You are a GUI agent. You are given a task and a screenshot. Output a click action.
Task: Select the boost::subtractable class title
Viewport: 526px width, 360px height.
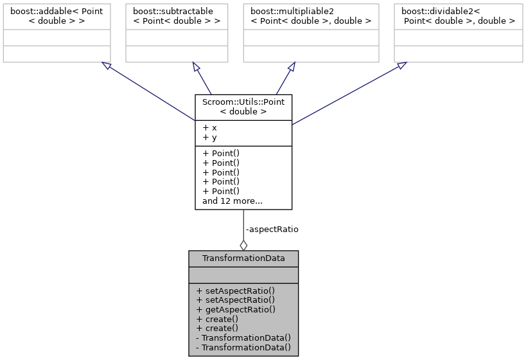[x=177, y=15]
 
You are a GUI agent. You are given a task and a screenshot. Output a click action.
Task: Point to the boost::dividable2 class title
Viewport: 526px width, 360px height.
[x=458, y=15]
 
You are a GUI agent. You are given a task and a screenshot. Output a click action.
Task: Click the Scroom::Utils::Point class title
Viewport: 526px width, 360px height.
[x=243, y=106]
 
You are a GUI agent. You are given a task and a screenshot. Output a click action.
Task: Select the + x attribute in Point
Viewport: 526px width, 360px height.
[x=209, y=127]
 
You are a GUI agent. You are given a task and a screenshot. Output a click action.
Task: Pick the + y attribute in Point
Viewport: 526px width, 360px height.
[x=209, y=137]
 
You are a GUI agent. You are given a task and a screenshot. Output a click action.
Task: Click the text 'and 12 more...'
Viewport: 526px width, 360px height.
[x=232, y=201]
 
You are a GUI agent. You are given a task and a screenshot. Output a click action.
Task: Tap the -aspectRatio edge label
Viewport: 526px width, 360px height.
[x=272, y=229]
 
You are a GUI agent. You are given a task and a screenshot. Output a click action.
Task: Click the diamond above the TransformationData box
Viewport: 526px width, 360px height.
[x=243, y=245]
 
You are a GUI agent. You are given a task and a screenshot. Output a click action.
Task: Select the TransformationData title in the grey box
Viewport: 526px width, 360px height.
[x=243, y=258]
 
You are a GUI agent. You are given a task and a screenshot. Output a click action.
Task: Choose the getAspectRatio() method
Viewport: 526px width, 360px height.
[x=236, y=309]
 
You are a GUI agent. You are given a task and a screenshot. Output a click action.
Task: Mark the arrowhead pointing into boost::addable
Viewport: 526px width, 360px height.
[x=106, y=66]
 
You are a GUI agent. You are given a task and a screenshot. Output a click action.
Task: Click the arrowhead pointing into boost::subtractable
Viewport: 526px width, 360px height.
[x=197, y=67]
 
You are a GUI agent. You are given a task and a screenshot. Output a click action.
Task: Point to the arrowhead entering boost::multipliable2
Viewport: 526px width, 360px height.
[x=291, y=67]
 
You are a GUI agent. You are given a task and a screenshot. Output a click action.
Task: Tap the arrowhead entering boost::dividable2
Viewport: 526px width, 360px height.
[x=401, y=65]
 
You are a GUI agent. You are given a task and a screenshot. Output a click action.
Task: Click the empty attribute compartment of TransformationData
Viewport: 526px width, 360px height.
[x=243, y=275]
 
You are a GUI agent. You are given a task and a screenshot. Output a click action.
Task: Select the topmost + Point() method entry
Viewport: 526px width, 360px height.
[x=220, y=153]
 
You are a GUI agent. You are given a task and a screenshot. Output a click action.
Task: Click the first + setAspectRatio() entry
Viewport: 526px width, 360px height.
[x=236, y=290]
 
